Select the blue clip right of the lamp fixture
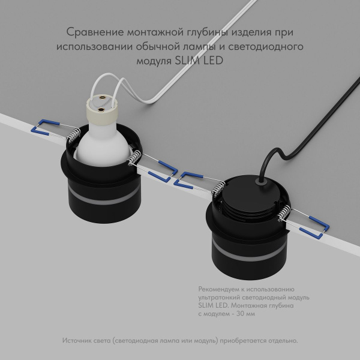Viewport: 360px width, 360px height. click(158, 175)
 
